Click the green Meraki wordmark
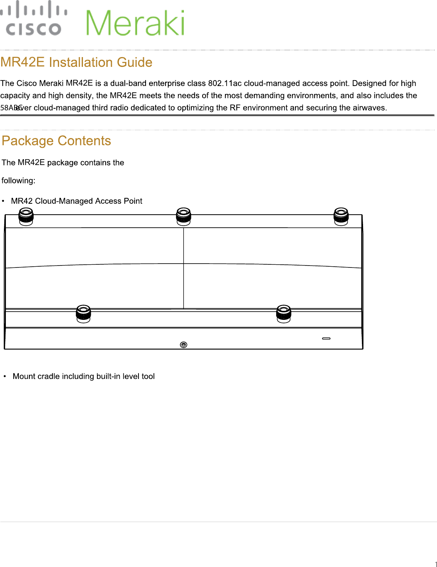[x=135, y=23]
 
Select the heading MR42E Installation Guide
[x=76, y=63]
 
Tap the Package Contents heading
[x=56, y=141]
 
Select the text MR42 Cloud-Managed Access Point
[x=77, y=201]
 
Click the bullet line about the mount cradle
[x=84, y=376]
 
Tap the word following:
[x=18, y=181]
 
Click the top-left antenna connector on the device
[x=26, y=216]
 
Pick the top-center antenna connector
[x=183, y=216]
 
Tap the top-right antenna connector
[x=341, y=216]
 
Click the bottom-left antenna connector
[x=83, y=313]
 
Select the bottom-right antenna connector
[x=284, y=313]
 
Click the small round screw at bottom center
[x=183, y=345]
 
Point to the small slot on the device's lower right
[x=326, y=339]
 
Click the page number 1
[x=435, y=564]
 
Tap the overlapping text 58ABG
[x=11, y=108]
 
